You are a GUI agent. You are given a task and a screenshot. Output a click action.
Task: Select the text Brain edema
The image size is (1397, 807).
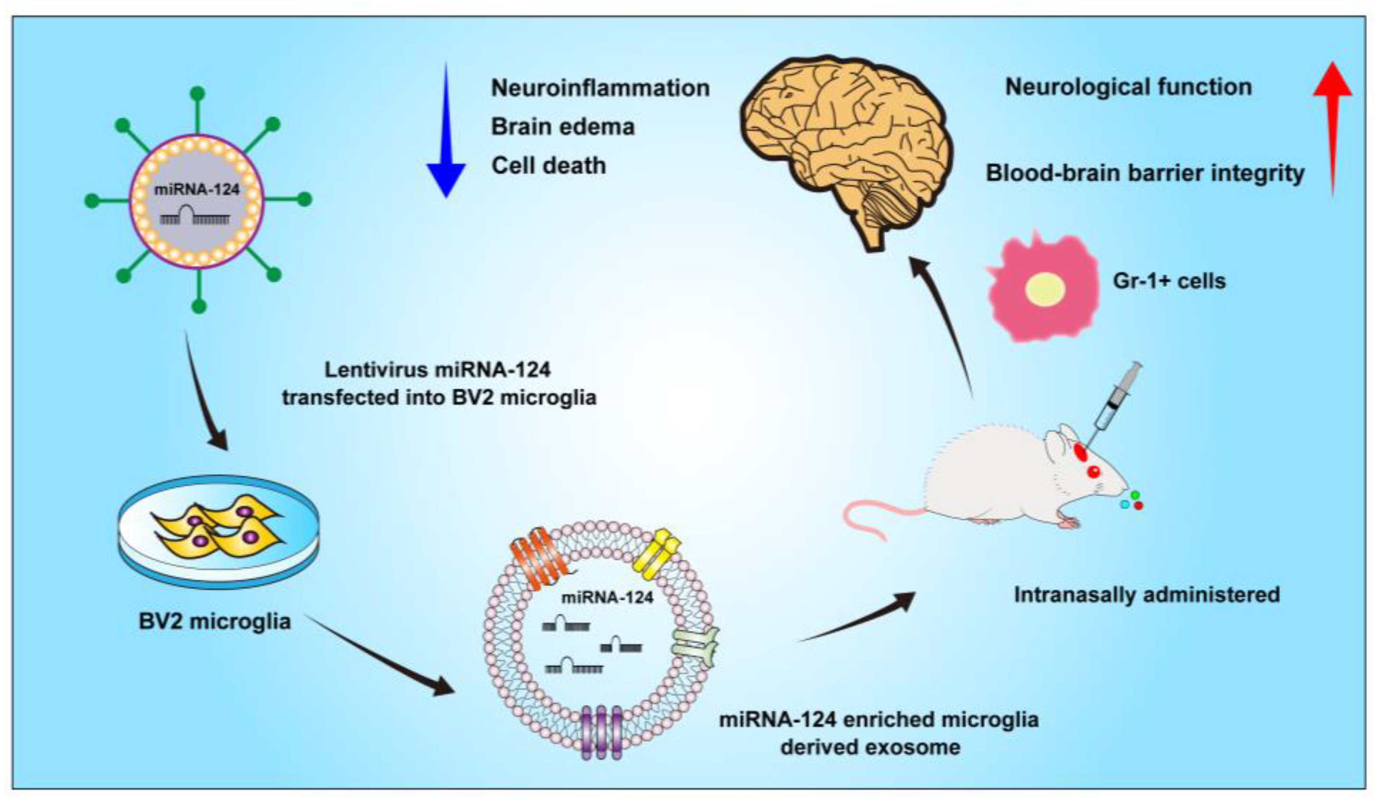point(562,127)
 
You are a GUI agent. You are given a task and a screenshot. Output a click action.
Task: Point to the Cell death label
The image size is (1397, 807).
point(548,166)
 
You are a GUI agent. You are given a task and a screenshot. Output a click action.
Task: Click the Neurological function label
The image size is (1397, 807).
point(1128,87)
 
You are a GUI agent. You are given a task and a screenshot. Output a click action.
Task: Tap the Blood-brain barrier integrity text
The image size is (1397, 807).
point(1145,173)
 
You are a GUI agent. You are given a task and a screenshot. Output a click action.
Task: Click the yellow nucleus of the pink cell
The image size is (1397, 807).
point(1045,289)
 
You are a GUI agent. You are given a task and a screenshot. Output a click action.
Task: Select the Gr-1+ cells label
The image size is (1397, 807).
point(1169,281)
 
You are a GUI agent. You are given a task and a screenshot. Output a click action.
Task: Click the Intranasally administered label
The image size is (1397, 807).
point(1147,595)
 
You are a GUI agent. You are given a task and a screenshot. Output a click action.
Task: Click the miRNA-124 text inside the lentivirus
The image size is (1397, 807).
point(197,190)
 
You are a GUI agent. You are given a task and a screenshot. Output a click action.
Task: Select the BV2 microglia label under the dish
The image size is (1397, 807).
point(215,621)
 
